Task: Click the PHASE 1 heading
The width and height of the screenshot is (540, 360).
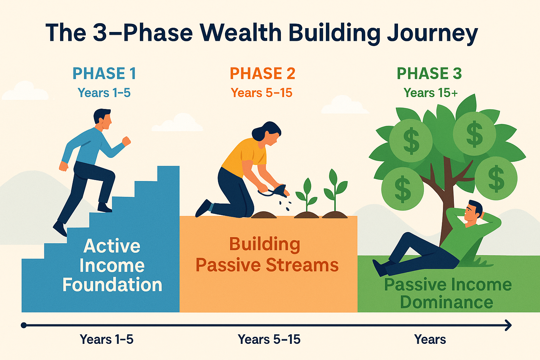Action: coord(104,73)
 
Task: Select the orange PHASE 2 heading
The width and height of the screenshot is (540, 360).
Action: coord(263,73)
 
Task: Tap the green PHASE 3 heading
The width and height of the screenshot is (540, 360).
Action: coord(429,73)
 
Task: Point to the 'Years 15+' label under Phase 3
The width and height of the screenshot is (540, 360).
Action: coord(431,93)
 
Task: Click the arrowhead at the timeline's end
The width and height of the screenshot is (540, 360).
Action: coord(508,325)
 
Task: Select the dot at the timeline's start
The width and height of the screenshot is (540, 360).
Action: coord(24,325)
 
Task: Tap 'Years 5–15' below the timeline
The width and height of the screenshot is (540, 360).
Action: coord(269,340)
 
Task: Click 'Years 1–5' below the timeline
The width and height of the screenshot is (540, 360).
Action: coord(107,340)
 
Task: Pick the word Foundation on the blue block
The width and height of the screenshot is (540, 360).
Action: coord(112,284)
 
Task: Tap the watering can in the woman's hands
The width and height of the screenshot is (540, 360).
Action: coord(275,191)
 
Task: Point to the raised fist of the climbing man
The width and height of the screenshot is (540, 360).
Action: coord(126,141)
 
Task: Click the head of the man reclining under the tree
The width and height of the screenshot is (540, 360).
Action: coord(474,211)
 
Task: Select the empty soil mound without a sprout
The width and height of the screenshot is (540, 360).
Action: coord(264,215)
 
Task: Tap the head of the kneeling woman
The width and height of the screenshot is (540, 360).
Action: coord(267,134)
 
